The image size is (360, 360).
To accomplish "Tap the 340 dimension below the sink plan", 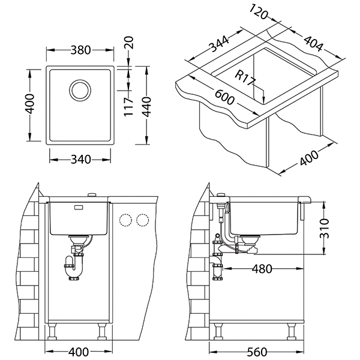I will tap(80, 160).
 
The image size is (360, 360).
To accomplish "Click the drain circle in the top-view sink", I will tap(80, 91).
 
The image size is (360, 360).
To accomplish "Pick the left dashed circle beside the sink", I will tap(127, 220).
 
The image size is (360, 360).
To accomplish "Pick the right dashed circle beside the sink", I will tap(142, 220).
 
